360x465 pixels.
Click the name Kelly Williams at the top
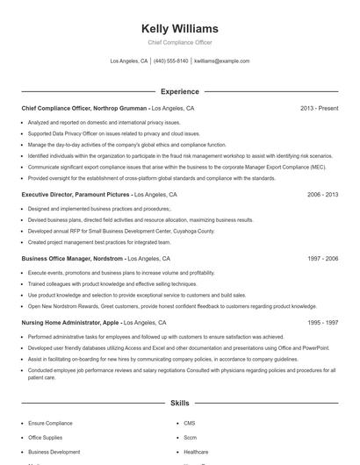[x=179, y=28]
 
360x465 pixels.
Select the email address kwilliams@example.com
[x=221, y=61]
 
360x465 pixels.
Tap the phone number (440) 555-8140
[x=170, y=61]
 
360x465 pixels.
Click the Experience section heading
[x=179, y=91]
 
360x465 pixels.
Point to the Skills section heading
[x=179, y=403]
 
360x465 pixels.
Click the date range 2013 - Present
[x=319, y=108]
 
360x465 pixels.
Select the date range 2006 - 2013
[x=322, y=194]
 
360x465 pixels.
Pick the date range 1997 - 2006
[x=322, y=260]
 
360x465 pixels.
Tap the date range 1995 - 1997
[x=322, y=323]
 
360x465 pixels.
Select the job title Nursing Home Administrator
[x=60, y=323]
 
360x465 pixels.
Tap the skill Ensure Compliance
[x=51, y=423]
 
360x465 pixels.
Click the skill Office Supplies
[x=46, y=437]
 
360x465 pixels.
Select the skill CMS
[x=190, y=423]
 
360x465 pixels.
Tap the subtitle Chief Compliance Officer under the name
[x=179, y=42]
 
